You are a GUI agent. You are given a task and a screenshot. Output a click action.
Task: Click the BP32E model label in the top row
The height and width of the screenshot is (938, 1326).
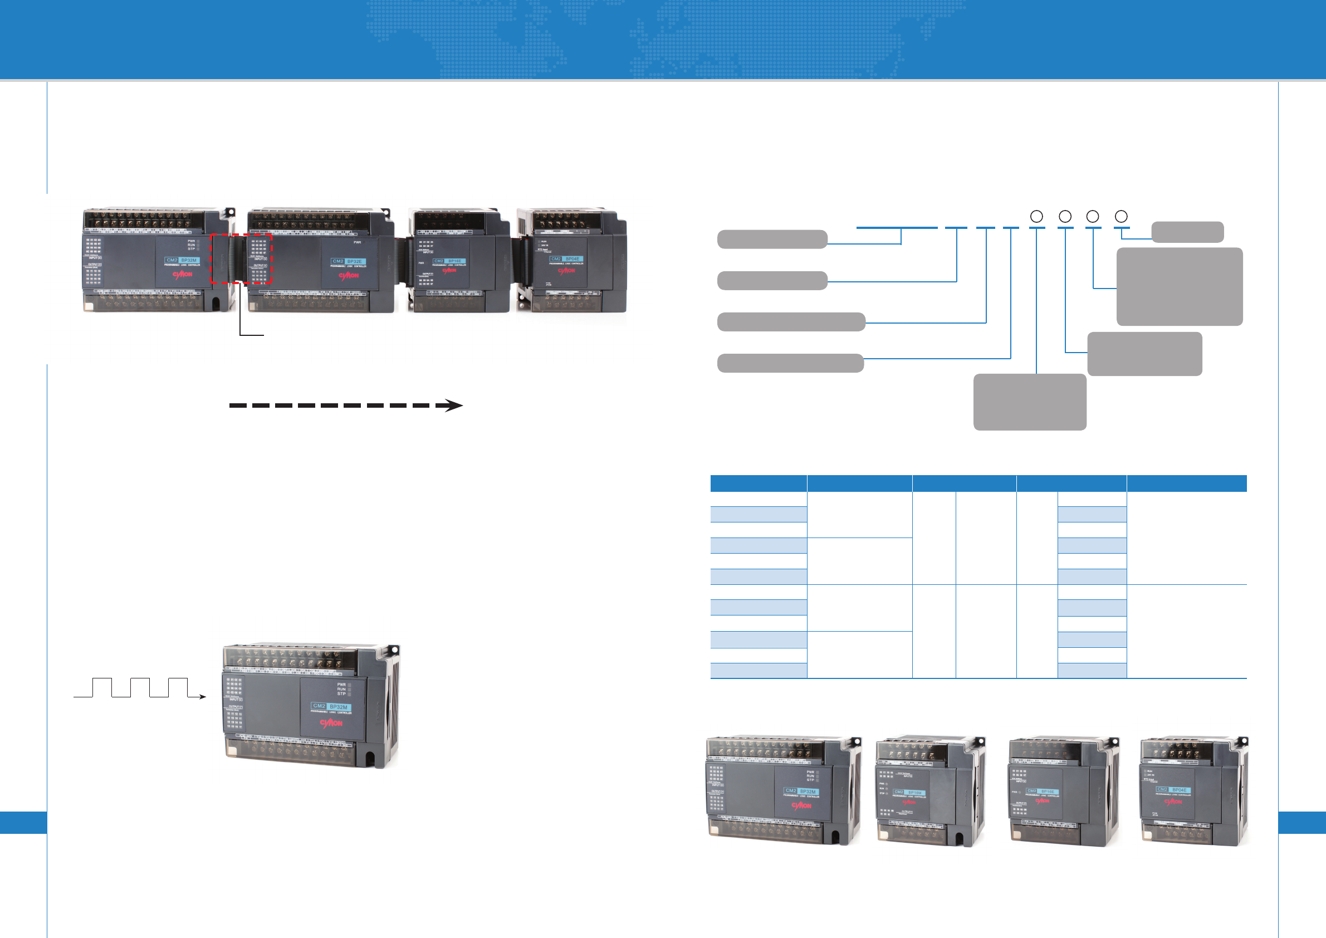[x=348, y=262]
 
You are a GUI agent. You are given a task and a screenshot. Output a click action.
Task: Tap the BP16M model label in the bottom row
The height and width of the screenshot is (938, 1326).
[x=908, y=793]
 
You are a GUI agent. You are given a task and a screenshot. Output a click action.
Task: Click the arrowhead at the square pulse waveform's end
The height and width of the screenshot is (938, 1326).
[x=202, y=697]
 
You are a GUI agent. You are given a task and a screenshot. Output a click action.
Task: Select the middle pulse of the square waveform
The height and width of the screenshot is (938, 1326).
[x=140, y=687]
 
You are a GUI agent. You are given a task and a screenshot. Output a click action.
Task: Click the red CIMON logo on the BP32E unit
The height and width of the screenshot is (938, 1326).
[x=348, y=276]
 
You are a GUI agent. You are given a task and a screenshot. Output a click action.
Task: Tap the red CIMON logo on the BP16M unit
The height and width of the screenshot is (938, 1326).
[x=909, y=802]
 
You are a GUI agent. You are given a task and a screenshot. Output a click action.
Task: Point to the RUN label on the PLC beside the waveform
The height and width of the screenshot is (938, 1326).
[x=341, y=689]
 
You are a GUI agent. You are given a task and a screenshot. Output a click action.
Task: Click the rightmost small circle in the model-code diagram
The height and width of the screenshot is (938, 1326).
[x=1121, y=217]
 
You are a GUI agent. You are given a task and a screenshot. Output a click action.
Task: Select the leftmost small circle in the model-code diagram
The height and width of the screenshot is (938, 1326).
[x=1036, y=217]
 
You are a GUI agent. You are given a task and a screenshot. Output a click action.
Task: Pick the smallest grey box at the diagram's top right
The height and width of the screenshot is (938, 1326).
[x=1187, y=232]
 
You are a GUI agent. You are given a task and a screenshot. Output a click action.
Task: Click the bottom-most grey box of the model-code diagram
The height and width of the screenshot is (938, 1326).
[x=1029, y=402]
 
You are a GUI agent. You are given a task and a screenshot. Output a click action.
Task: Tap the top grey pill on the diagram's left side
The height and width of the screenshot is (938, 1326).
[x=771, y=239]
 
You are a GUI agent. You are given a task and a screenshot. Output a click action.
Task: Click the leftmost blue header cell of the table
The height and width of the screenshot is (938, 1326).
[x=758, y=483]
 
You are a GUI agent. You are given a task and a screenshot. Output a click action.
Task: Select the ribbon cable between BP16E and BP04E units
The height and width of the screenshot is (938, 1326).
[x=523, y=263]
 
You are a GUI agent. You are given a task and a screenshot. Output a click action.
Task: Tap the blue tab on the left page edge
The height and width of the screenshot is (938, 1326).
[x=23, y=823]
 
